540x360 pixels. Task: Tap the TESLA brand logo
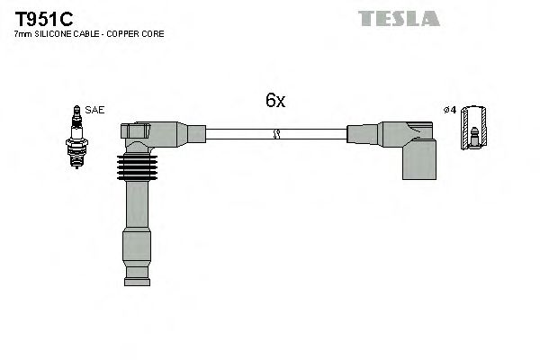point(399,18)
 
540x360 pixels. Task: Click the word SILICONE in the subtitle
point(52,33)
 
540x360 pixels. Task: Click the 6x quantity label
point(274,101)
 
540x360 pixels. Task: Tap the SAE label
point(96,110)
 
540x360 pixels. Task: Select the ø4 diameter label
point(451,110)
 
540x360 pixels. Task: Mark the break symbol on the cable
point(276,134)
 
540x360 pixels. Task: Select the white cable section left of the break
point(238,134)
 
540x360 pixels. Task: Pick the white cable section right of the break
point(315,134)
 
